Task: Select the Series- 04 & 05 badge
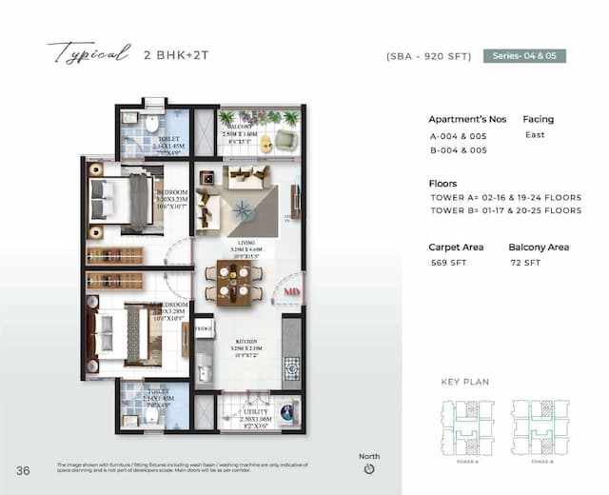(x=524, y=56)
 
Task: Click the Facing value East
(x=535, y=135)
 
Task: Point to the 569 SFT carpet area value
(x=446, y=262)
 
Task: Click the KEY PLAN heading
(x=463, y=382)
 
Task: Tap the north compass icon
(x=369, y=469)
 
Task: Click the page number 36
(x=23, y=470)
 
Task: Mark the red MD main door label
(x=292, y=291)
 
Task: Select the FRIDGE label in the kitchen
(x=203, y=327)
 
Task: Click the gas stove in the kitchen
(x=292, y=366)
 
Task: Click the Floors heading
(x=442, y=184)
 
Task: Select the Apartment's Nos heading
(x=467, y=120)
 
